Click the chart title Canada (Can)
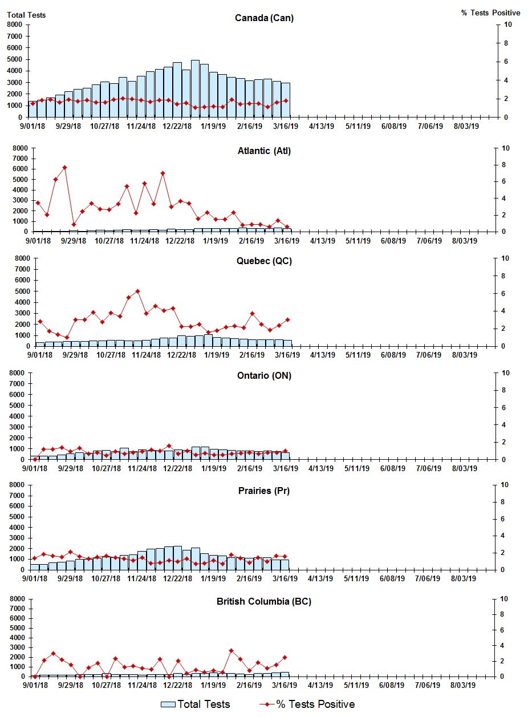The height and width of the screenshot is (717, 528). tap(264, 18)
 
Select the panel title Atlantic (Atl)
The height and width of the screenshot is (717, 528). tap(264, 151)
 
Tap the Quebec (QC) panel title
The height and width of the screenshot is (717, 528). tap(264, 261)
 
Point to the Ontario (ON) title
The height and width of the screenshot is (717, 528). tap(264, 375)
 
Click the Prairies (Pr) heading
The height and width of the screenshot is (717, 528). tap(264, 491)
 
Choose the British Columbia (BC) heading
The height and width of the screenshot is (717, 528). tap(264, 602)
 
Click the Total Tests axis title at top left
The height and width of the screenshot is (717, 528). tap(26, 15)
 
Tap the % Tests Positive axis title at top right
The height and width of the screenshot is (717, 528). tap(491, 13)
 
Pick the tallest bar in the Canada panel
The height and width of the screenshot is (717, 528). tap(195, 88)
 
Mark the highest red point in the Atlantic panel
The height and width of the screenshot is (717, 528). tap(64, 168)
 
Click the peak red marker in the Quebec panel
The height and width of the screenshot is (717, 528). tap(137, 291)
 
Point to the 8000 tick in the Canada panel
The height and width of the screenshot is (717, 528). tap(15, 25)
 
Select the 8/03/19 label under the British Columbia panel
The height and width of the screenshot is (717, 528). tap(465, 686)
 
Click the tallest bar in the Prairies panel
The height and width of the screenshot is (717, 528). tap(177, 557)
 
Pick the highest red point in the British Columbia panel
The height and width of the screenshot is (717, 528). tap(231, 651)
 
